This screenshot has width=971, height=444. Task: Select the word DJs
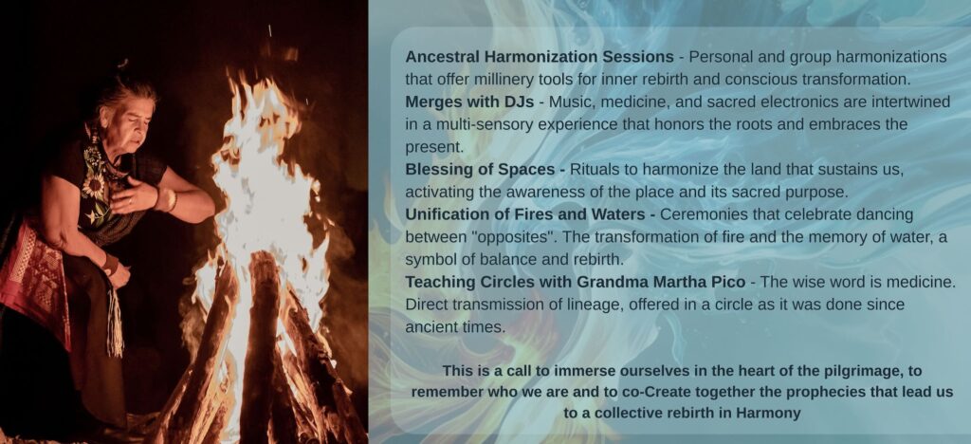pos(519,102)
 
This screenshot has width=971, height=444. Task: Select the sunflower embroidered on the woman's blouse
pos(95,186)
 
